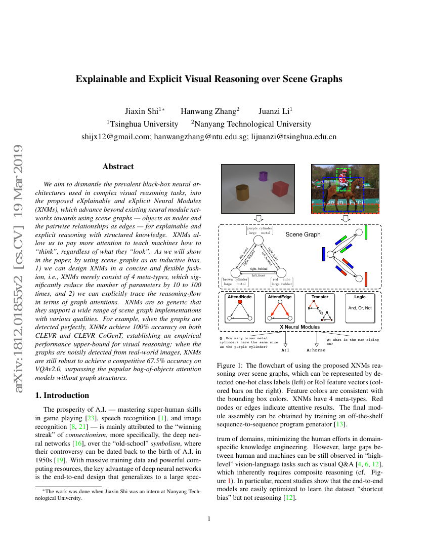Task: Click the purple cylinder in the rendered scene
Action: (x=263, y=176)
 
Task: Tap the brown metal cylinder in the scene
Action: (x=241, y=192)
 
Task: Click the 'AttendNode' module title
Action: (x=239, y=297)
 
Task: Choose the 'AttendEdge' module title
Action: (x=280, y=297)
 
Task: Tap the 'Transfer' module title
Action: (x=320, y=297)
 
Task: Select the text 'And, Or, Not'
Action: (x=360, y=307)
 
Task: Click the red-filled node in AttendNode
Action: (x=240, y=302)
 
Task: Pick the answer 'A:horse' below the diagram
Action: (x=316, y=349)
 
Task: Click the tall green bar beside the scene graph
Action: (x=365, y=232)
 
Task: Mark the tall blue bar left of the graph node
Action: (x=323, y=254)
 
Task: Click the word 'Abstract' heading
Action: (x=118, y=166)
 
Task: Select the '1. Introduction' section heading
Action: (x=63, y=395)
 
